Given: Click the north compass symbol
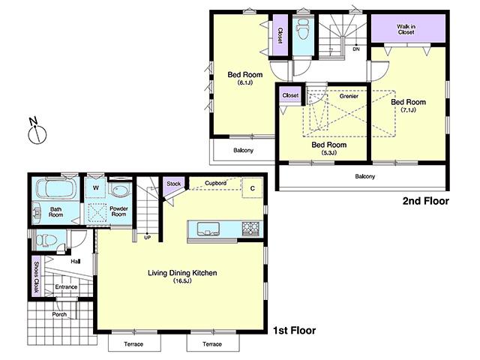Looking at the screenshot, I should (36, 133).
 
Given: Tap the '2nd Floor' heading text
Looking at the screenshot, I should (425, 201).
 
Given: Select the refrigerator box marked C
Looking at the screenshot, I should (253, 188).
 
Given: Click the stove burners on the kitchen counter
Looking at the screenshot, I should (249, 228).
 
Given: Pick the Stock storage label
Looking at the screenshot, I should (173, 184).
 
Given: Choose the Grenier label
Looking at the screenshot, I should (348, 96).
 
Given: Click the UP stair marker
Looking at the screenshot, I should (146, 238).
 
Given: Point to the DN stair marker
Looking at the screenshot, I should (356, 49).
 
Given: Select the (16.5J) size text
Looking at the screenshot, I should (182, 281).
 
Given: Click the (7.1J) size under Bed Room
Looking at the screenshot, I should (407, 110).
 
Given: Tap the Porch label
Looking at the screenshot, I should (59, 314).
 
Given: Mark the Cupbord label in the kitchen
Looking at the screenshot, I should (216, 183).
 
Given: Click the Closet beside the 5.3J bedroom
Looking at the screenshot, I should (290, 95).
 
